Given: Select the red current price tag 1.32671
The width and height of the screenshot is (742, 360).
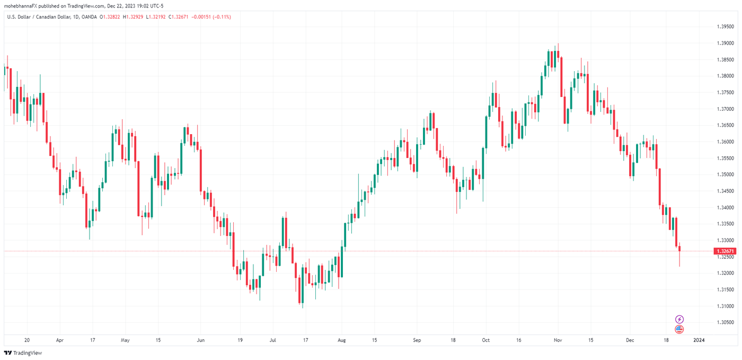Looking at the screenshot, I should [x=725, y=251].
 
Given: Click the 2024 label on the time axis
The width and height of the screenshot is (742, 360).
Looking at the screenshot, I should [x=699, y=340].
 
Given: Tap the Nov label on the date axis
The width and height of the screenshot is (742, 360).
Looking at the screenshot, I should [x=557, y=340].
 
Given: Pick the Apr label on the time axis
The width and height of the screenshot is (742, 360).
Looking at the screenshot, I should [x=59, y=340].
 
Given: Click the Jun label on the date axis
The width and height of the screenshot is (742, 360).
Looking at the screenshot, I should [x=200, y=340].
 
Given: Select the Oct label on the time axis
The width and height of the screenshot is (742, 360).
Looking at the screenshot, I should [x=486, y=340].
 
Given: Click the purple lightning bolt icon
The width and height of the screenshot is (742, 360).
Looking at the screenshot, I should [x=679, y=319].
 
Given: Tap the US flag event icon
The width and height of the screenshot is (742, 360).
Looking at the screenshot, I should [x=679, y=329].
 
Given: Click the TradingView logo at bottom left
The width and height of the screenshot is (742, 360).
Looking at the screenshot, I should [x=23, y=353].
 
